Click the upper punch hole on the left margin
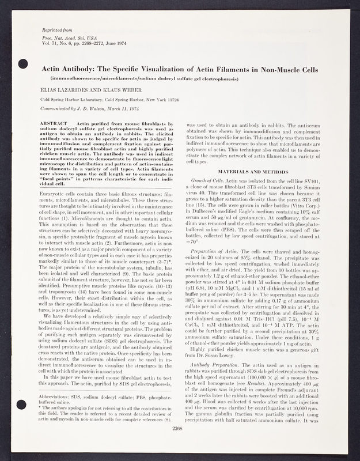coord(24,63)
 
